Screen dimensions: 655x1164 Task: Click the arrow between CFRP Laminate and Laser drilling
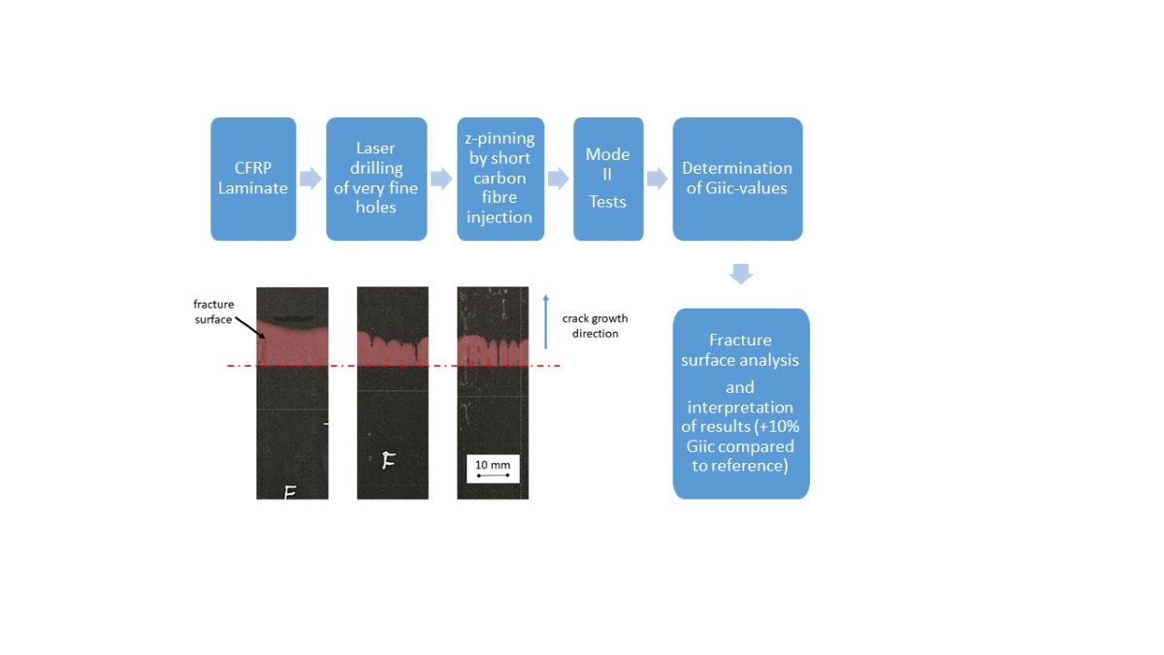(x=310, y=179)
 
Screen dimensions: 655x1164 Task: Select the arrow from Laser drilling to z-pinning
(x=441, y=179)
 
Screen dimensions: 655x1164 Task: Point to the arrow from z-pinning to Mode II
(x=558, y=179)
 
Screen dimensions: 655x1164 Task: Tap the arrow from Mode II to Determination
(x=658, y=179)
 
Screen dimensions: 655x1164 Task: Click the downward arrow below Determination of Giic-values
(x=740, y=274)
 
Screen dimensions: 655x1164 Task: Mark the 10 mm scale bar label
(x=493, y=466)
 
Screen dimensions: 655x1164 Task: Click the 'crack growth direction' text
(x=595, y=326)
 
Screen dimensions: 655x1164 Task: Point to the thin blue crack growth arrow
(x=546, y=320)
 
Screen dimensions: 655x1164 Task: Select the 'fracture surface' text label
(x=213, y=311)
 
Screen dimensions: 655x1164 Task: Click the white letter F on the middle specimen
(x=388, y=461)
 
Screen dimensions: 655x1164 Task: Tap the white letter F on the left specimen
(x=289, y=493)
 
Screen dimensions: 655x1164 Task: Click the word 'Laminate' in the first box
(x=253, y=188)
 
